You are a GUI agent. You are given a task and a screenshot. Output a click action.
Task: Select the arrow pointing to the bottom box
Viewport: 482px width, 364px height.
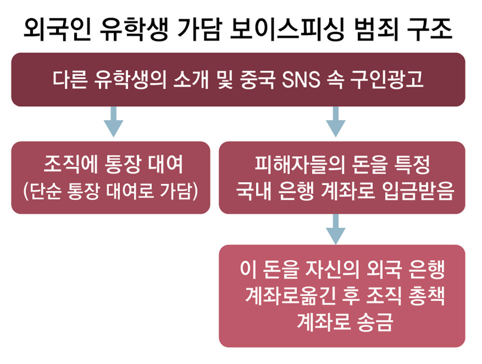click(335, 229)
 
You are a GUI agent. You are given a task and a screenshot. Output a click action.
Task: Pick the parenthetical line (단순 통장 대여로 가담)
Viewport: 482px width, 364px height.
click(110, 191)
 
